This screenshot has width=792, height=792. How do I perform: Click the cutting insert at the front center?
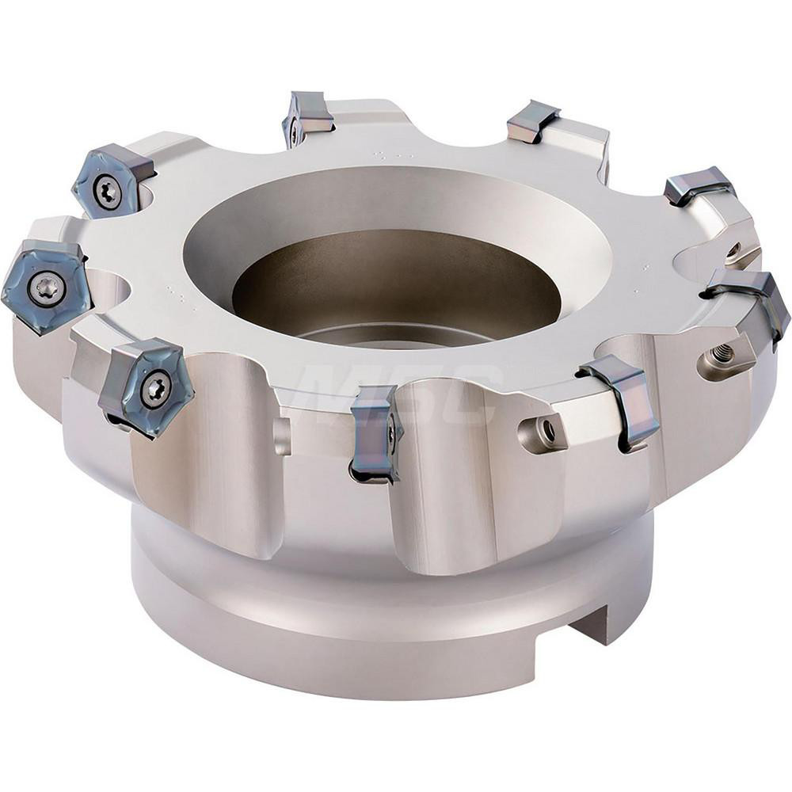tap(375, 432)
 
